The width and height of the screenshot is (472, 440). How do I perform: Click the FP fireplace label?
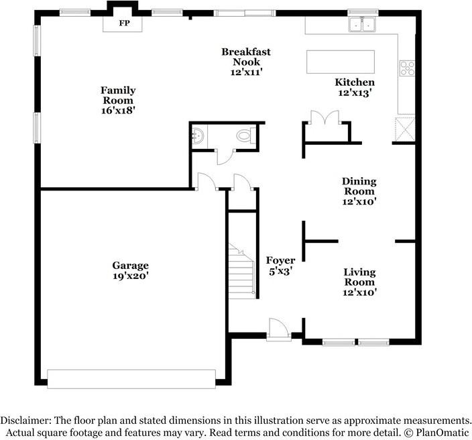(x=124, y=23)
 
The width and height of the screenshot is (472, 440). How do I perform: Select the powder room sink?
(x=198, y=136)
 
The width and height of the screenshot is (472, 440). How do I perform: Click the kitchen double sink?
(x=362, y=23)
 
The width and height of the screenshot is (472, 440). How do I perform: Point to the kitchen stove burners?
(x=407, y=68)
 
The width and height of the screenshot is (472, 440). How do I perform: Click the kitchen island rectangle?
(x=341, y=62)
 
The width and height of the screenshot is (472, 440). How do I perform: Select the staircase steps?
(x=242, y=271)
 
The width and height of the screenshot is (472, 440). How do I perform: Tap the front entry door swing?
(x=279, y=329)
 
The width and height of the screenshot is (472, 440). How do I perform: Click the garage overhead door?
(x=131, y=379)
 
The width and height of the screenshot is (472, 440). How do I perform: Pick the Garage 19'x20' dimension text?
(x=131, y=276)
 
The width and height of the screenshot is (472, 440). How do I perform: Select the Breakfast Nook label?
(x=246, y=56)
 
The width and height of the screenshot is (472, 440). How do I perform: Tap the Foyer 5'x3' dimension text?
(x=280, y=272)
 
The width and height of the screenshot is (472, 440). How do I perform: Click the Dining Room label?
(x=359, y=186)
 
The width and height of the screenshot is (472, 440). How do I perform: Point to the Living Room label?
(x=360, y=277)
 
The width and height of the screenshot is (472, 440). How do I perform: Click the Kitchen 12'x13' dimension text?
(x=354, y=93)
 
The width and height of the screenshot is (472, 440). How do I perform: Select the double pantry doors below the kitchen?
(x=324, y=117)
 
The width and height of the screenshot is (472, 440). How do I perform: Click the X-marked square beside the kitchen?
(x=405, y=129)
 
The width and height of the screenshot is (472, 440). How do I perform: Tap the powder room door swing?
(x=225, y=156)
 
